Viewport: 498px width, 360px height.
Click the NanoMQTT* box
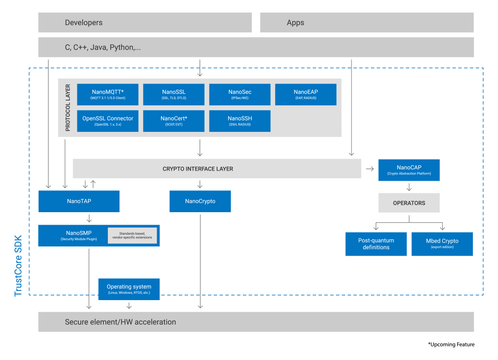108,94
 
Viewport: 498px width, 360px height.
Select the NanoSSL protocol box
174,94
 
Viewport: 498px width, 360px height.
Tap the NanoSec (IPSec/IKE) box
240,94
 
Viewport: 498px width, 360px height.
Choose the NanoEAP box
306,94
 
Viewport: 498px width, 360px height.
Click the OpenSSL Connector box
108,121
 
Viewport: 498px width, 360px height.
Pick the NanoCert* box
174,121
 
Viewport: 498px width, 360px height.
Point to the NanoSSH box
240,121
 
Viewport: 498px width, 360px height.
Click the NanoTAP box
79,201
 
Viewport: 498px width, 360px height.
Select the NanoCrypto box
200,201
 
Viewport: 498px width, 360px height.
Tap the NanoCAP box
409,170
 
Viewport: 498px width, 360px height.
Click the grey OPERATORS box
409,203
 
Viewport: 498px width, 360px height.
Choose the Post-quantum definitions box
376,244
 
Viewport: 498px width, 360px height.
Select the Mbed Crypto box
442,244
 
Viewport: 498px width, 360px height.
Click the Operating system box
129,289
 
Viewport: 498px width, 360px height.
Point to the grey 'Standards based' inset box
132,235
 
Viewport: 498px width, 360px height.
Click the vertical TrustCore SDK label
19,266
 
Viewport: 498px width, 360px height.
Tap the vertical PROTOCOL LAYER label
67,108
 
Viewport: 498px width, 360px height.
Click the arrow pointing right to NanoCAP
370,169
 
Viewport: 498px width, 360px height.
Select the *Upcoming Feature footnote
451,345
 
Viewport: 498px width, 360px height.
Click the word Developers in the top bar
84,23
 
